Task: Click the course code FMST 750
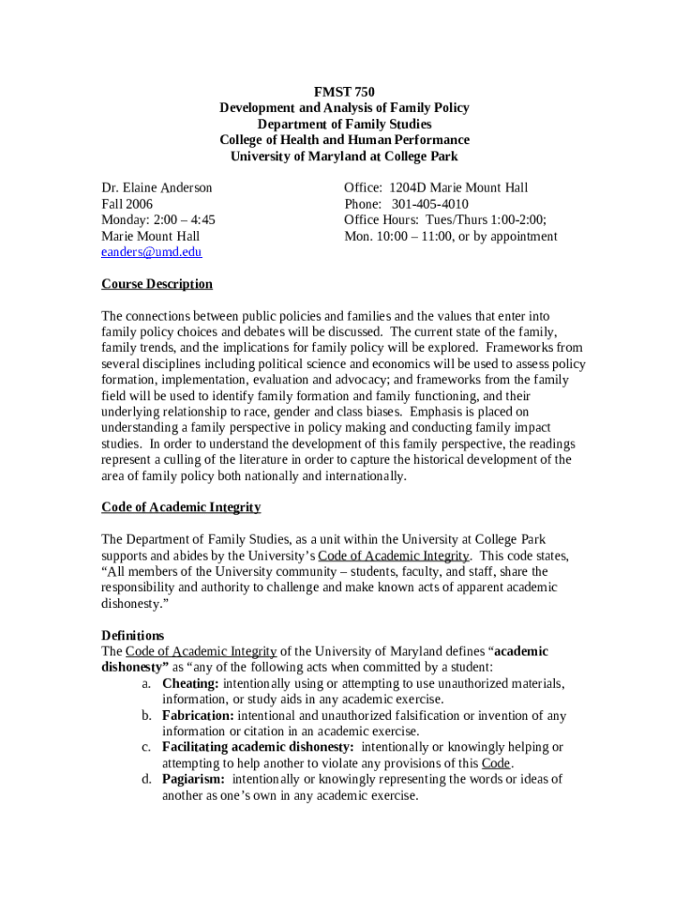click(344, 91)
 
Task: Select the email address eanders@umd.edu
click(151, 253)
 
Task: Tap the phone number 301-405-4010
click(429, 204)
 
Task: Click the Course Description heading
click(157, 285)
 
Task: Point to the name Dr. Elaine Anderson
click(157, 188)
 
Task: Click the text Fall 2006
click(127, 204)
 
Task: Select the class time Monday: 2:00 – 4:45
click(157, 220)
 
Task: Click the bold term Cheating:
click(191, 683)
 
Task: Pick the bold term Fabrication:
click(198, 716)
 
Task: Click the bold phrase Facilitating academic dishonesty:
click(258, 747)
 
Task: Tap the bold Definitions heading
click(132, 636)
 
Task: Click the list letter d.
click(145, 779)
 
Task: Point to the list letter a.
click(145, 683)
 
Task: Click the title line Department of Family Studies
click(344, 124)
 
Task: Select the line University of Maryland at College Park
click(344, 156)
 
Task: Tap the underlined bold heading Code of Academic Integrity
click(181, 508)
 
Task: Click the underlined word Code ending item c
click(495, 763)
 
